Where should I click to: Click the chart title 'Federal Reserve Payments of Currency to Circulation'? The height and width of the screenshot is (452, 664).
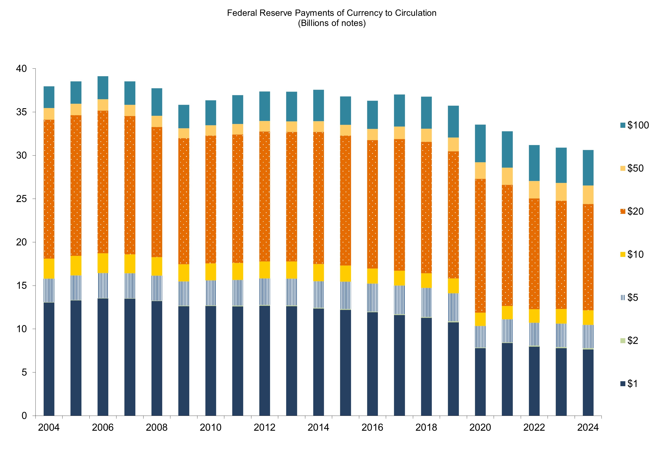tap(332, 13)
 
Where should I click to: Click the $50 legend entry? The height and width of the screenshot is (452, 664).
tap(631, 168)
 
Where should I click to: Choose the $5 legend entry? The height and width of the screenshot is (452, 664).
tap(629, 298)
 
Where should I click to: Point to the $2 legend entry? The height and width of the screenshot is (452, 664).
tap(629, 340)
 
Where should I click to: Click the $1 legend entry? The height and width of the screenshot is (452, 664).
tap(629, 384)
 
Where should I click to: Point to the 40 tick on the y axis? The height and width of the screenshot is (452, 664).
tap(22, 69)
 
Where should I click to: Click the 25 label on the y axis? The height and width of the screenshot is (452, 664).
tap(22, 199)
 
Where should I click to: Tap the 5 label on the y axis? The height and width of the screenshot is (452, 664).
tap(24, 372)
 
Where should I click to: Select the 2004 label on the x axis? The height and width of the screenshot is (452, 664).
tap(49, 427)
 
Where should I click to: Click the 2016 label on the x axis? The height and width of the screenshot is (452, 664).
tap(372, 427)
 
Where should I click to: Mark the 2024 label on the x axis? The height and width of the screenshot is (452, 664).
tap(588, 427)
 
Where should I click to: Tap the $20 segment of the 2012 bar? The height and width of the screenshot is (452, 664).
tap(265, 197)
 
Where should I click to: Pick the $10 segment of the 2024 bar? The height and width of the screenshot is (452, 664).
tap(588, 318)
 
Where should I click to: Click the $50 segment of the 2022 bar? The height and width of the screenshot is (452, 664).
tap(534, 190)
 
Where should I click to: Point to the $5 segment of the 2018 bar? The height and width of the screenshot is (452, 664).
tap(426, 303)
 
